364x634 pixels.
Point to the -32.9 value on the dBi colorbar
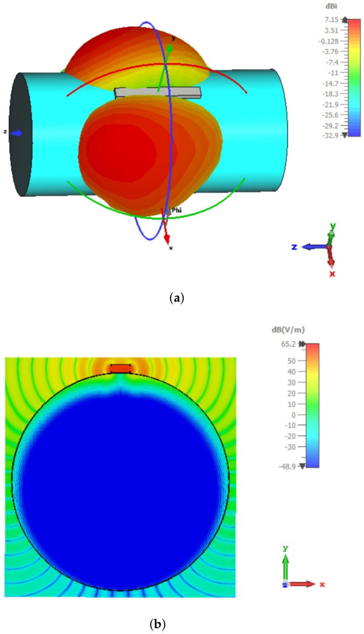[328, 134]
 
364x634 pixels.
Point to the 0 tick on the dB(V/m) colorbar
[293, 415]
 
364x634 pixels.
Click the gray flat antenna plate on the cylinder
[157, 93]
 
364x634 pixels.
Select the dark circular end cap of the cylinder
[20, 134]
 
